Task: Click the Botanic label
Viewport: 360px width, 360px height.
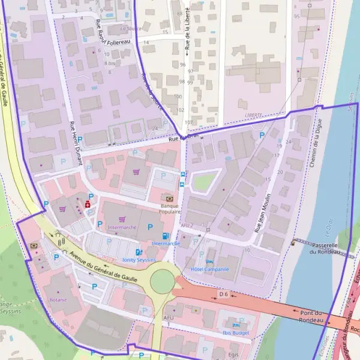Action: point(58,299)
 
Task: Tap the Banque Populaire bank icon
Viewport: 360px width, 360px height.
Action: point(170,198)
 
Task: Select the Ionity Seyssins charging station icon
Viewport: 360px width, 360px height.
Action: point(139,253)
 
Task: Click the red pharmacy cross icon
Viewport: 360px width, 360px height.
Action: point(88,204)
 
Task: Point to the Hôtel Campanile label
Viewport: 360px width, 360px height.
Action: point(209,269)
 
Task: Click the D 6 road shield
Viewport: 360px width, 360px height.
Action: point(224,294)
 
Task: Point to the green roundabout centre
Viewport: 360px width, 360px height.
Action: point(162,281)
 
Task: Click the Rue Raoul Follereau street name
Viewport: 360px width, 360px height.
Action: point(113,32)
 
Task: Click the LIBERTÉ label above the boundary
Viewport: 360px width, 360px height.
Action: point(254,115)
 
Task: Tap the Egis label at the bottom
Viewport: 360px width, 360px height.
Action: point(234,355)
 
